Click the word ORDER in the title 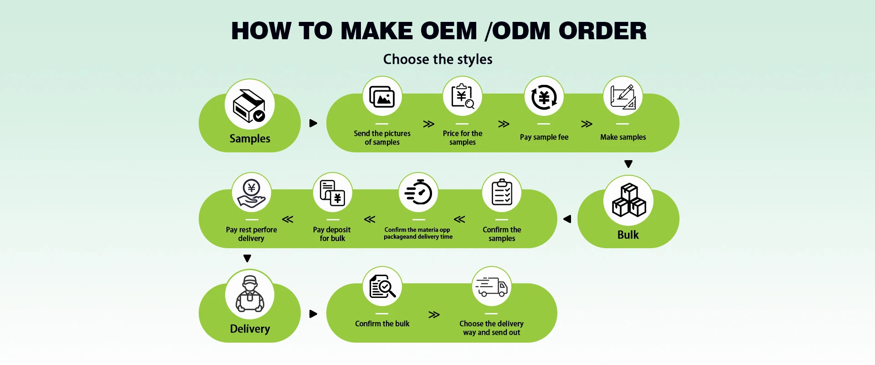tap(602, 31)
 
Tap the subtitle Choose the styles tap(437, 59)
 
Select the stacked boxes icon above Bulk tap(628, 200)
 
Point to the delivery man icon tap(250, 294)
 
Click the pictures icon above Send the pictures tap(382, 96)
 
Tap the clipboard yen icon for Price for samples tap(463, 96)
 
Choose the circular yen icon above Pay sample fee tap(544, 97)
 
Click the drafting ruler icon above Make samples tap(623, 97)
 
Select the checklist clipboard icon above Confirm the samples tap(502, 193)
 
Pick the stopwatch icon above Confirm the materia tap(418, 193)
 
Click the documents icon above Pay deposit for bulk tap(333, 193)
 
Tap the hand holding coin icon tap(252, 193)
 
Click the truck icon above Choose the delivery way tap(491, 287)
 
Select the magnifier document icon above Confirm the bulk tap(382, 287)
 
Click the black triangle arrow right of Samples tap(313, 123)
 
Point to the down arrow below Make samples tap(628, 164)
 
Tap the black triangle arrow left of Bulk tap(567, 219)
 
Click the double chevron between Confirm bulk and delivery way tap(434, 315)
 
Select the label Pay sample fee tap(544, 137)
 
